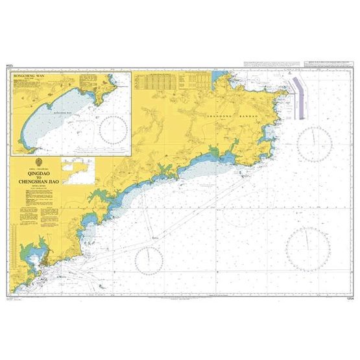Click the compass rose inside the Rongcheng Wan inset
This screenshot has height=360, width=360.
pyautogui.click(x=114, y=130)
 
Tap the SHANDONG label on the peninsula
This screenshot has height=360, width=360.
pyautogui.click(x=219, y=114)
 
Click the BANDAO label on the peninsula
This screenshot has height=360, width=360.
pyautogui.click(x=250, y=114)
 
